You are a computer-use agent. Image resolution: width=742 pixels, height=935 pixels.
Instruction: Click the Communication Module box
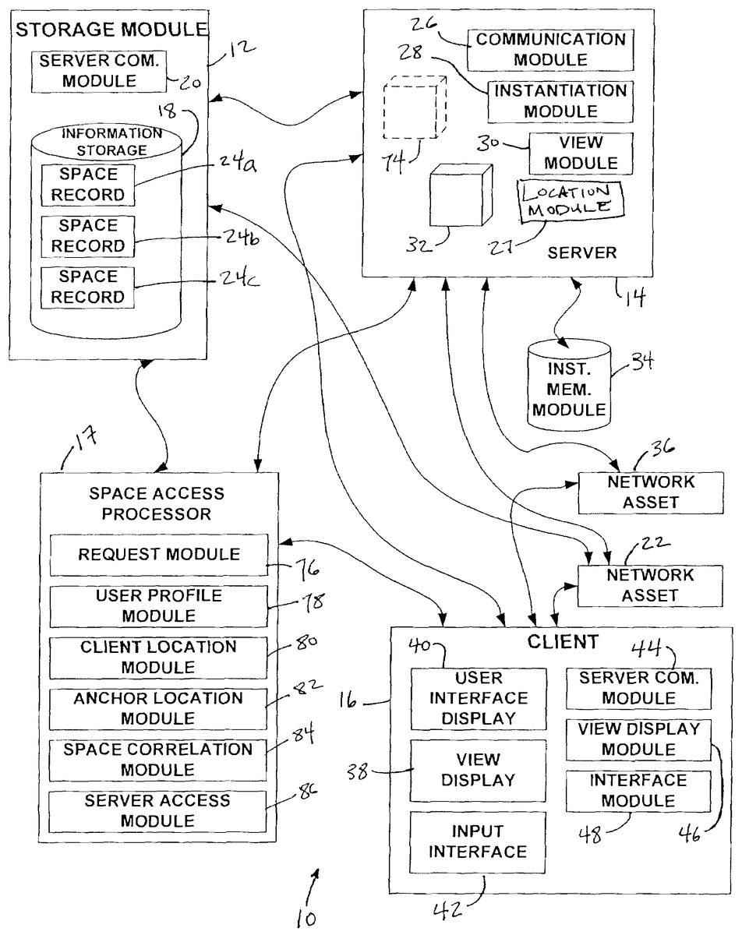coord(550,49)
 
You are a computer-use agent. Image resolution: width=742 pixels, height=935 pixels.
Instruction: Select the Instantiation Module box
coord(560,101)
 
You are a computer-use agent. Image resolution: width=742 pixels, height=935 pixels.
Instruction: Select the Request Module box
coord(158,555)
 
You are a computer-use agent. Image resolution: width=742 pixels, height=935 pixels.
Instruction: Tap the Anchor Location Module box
coord(158,707)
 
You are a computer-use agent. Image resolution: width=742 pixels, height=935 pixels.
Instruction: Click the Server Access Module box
coord(158,810)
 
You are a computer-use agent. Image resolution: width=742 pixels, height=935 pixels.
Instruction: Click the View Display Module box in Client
coord(638,739)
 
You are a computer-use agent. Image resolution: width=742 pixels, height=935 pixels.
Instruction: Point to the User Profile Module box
coord(158,605)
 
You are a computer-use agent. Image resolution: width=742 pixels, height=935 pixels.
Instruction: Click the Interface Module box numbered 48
coord(638,790)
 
